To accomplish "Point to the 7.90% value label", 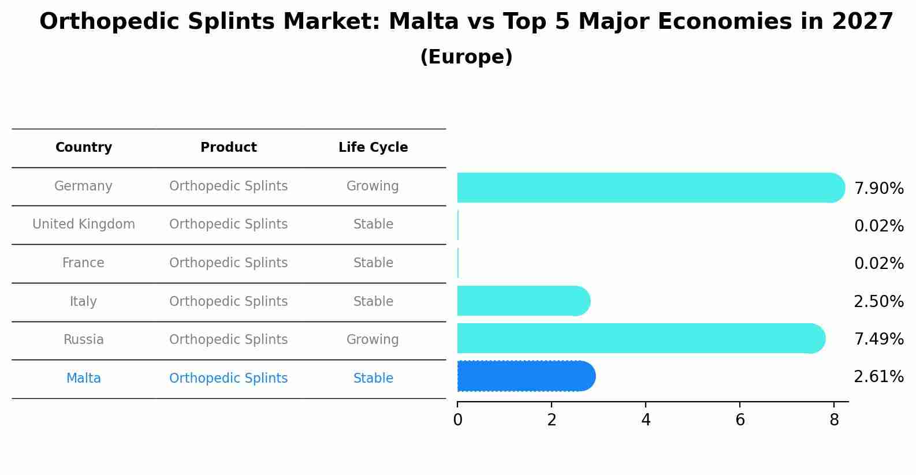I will coord(878,189).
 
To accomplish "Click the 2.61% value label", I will coord(878,377).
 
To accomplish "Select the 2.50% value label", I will coord(878,302).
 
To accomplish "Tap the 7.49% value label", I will coord(878,339).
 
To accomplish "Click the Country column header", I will coord(84,148).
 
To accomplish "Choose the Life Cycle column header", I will coord(373,148).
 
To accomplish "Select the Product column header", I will coord(229,148).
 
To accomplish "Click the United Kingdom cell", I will coord(84,225).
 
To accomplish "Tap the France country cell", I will coord(84,263).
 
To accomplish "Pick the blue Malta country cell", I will coord(84,379).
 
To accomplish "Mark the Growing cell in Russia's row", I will coord(373,340).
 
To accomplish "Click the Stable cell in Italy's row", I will coord(373,302).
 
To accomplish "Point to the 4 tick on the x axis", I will coord(646,420).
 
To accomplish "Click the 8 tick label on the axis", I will coord(834,420).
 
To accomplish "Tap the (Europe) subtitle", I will coord(466,57).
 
